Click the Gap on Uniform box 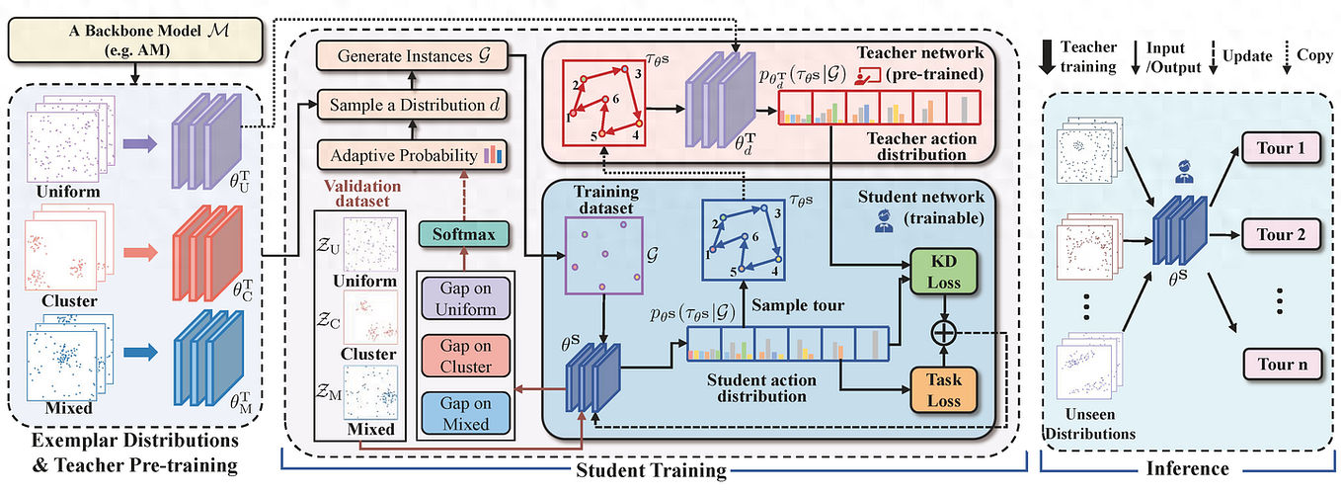click(x=467, y=297)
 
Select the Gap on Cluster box click(x=467, y=355)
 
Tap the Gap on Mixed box click(x=467, y=413)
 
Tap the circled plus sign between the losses click(x=945, y=334)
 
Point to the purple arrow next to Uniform click(x=138, y=144)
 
